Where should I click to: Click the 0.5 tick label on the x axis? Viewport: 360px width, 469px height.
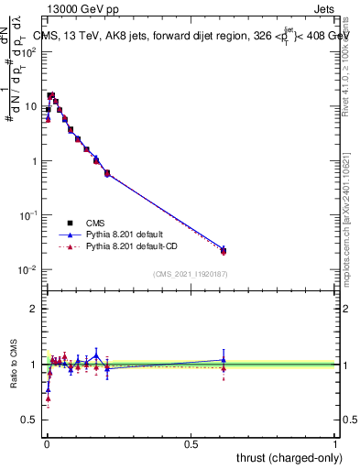click(191, 444)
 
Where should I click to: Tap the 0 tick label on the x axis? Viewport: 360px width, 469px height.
click(47, 444)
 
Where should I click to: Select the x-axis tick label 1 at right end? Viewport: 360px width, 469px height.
click(335, 444)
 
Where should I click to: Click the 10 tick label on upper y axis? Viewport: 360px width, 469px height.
click(32, 106)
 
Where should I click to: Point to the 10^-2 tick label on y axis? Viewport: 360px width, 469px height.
click(30, 270)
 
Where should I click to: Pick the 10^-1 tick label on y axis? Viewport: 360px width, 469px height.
click(30, 215)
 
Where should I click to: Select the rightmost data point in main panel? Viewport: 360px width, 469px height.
click(224, 249)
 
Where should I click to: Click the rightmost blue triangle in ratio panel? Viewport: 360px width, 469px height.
click(224, 360)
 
